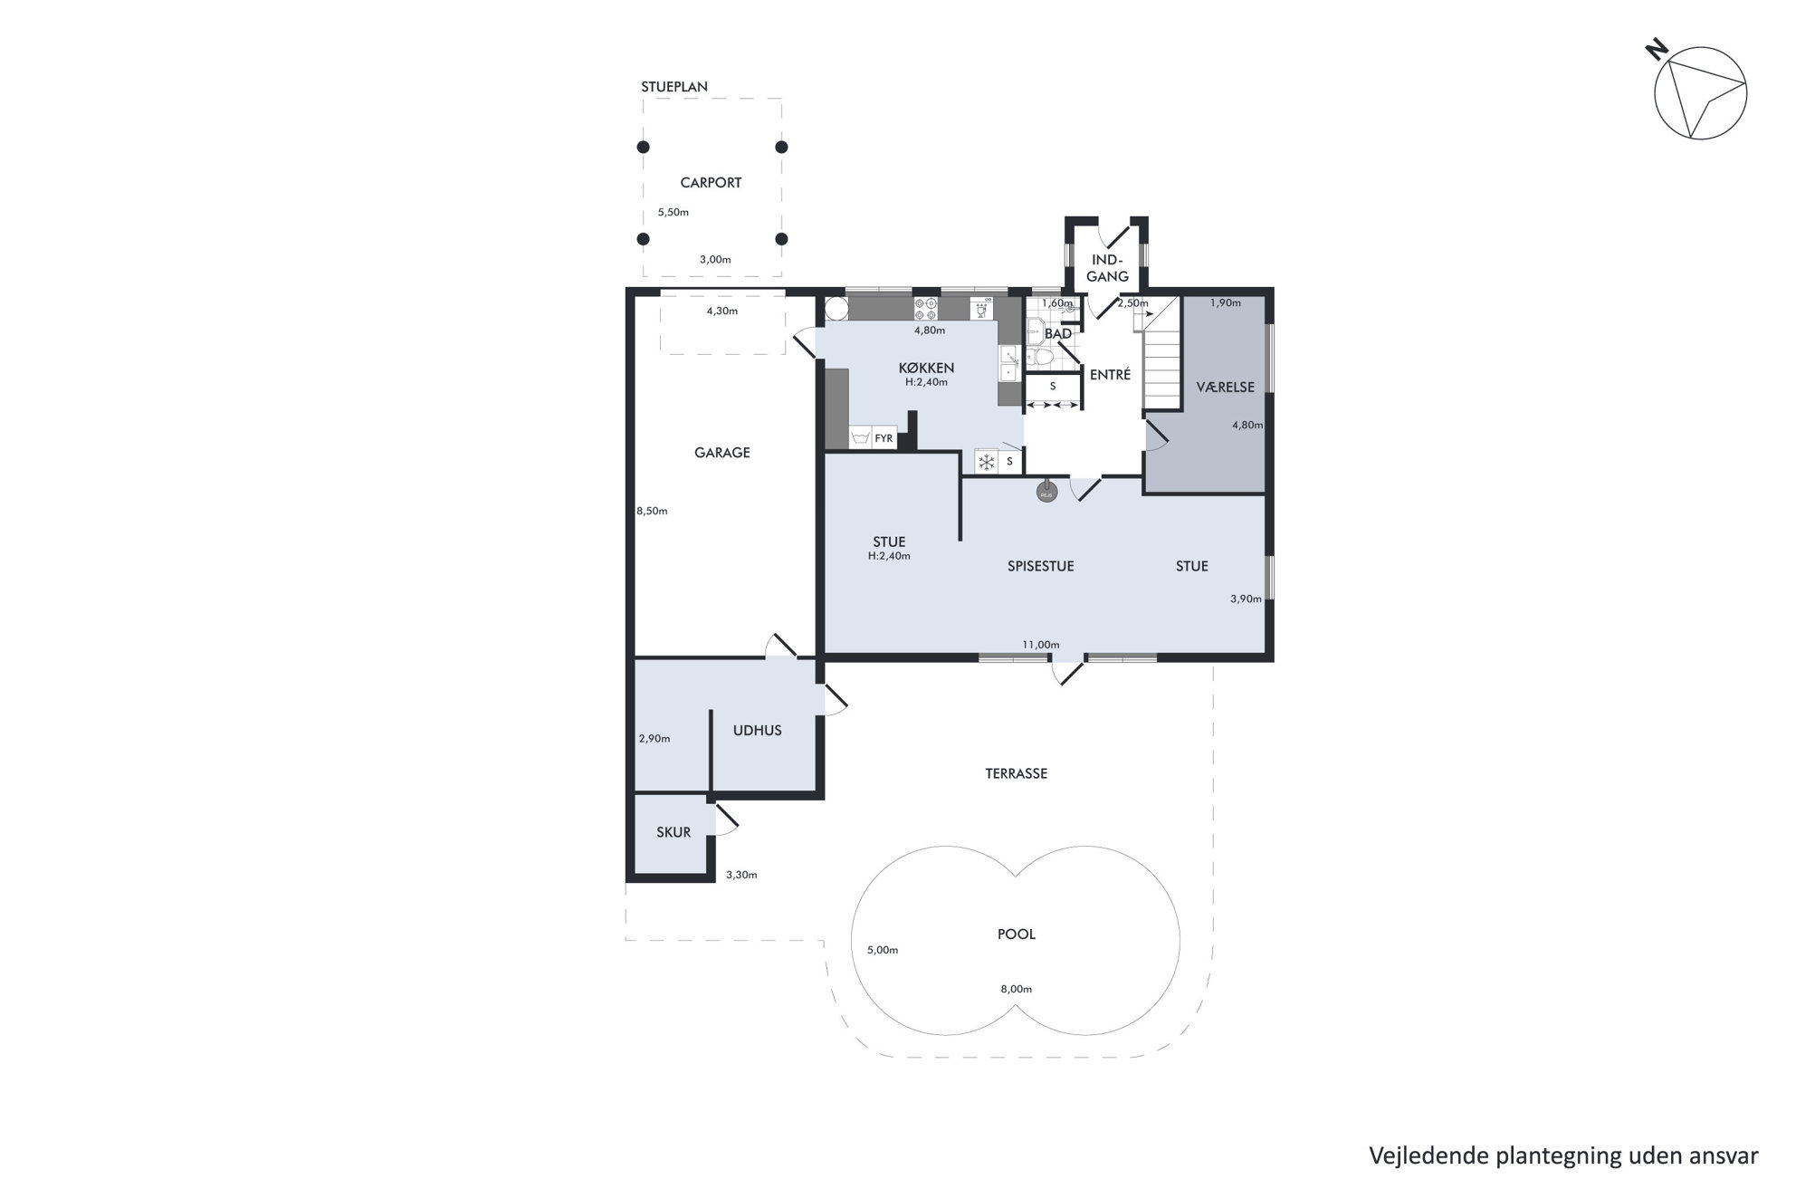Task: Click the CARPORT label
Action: [x=711, y=183]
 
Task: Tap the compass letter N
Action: [x=1656, y=50]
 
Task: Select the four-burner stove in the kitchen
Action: [x=925, y=309]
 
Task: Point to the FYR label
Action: [x=884, y=439]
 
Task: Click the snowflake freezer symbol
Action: [x=986, y=463]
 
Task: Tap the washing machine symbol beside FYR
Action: [x=860, y=438]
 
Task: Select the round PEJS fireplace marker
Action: [x=1046, y=494]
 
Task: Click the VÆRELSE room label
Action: [x=1226, y=388]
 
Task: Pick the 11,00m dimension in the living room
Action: [x=1040, y=645]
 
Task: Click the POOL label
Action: [x=1017, y=934]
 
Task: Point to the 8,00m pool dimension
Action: [x=1016, y=990]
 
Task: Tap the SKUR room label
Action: [x=673, y=833]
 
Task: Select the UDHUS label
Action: [x=757, y=731]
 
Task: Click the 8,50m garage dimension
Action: [x=652, y=511]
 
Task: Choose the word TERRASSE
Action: [x=1017, y=774]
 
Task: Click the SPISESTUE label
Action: [x=1041, y=567]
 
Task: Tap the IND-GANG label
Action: [x=1108, y=268]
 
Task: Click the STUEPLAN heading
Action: [x=674, y=88]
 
